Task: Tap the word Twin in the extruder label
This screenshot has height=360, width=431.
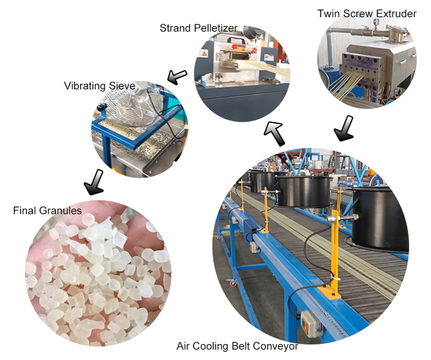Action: coord(329,13)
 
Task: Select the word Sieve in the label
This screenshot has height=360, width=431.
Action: coord(122,86)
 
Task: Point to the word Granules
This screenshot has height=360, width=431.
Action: coord(61,211)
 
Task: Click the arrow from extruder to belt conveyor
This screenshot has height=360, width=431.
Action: coord(345,127)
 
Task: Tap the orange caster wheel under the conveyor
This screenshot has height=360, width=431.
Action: coord(233,282)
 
